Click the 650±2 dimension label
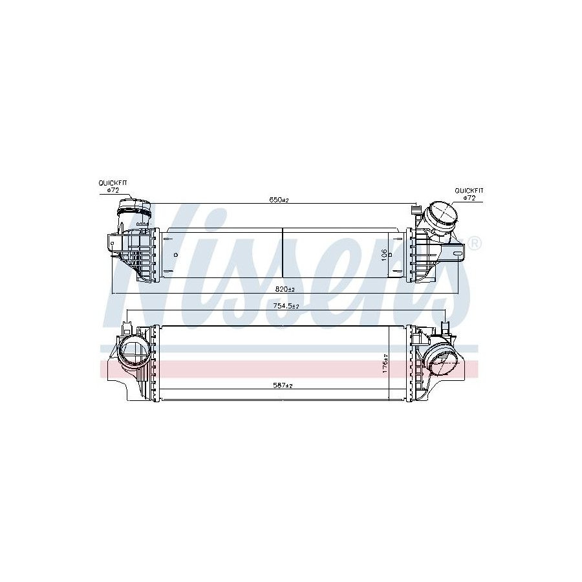[279, 200]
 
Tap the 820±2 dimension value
[285, 290]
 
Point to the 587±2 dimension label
[283, 385]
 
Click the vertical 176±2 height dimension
[385, 363]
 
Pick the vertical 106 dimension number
[384, 255]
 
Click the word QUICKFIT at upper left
[113, 183]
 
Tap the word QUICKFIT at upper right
[469, 191]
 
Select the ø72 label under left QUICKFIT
[113, 190]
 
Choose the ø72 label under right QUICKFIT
[469, 198]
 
